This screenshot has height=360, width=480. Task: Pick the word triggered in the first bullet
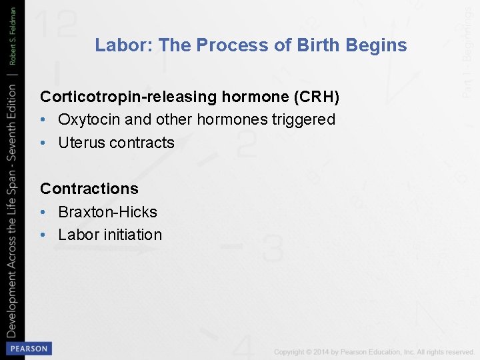[305, 120]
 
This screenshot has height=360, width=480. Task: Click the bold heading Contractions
[89, 189]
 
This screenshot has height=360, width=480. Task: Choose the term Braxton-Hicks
[107, 212]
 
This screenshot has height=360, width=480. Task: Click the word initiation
[133, 235]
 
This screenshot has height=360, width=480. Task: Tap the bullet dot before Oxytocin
[43, 120]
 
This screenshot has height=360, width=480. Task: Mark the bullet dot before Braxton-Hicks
[43, 212]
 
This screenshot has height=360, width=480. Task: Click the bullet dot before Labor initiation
[43, 235]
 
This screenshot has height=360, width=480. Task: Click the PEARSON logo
[27, 348]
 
